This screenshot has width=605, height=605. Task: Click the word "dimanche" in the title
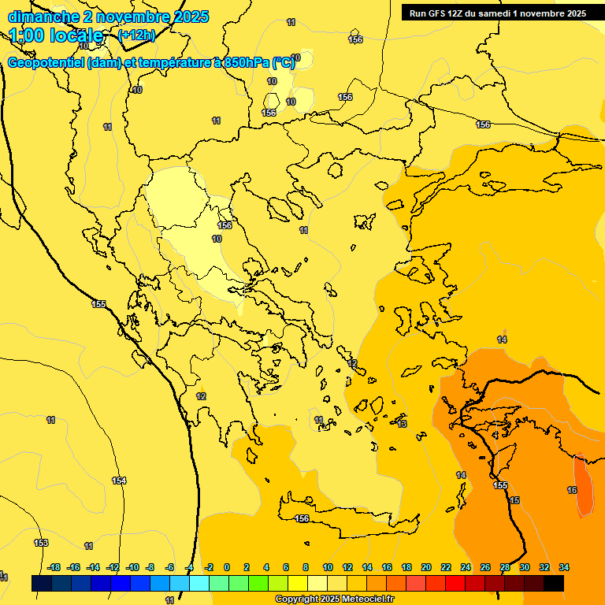pyautogui.click(x=39, y=17)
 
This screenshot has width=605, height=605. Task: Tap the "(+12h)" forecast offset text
pyautogui.click(x=135, y=35)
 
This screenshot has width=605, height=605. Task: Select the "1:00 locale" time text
pyautogui.click(x=56, y=35)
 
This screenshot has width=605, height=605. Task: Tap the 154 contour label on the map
pyautogui.click(x=119, y=481)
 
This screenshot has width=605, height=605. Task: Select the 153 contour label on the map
pyautogui.click(x=41, y=543)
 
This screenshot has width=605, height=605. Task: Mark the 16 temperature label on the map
pyautogui.click(x=572, y=490)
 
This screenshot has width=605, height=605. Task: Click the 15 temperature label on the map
pyautogui.click(x=514, y=500)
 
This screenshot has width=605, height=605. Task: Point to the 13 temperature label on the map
pyautogui.click(x=402, y=424)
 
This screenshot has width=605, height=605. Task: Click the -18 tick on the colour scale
pyautogui.click(x=54, y=567)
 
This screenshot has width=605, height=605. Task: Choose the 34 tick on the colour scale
pyautogui.click(x=564, y=567)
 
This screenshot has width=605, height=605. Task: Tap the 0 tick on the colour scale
pyautogui.click(x=227, y=567)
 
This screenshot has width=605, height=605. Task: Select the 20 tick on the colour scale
pyautogui.click(x=426, y=567)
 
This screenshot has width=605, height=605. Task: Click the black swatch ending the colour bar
pyautogui.click(x=554, y=583)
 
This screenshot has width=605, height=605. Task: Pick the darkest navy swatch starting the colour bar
pyautogui.click(x=42, y=583)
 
